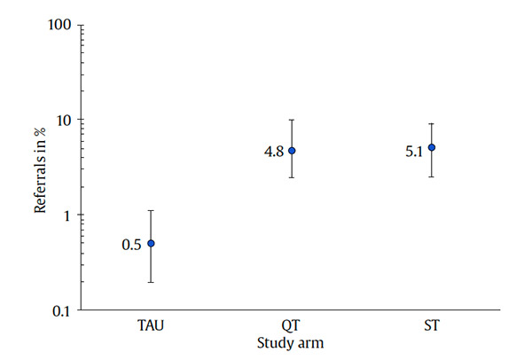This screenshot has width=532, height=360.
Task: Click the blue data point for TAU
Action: [x=151, y=243]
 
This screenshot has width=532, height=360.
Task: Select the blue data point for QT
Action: [x=291, y=151]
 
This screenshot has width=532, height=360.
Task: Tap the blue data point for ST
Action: [x=432, y=147]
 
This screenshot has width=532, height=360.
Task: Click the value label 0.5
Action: [x=131, y=245]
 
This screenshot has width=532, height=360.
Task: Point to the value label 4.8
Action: [x=273, y=153]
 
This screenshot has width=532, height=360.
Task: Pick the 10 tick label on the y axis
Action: [x=63, y=120]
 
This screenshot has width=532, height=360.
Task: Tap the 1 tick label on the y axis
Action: [x=67, y=215]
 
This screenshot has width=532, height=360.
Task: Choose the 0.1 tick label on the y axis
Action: [x=61, y=310]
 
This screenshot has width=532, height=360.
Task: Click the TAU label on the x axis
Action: [x=151, y=326]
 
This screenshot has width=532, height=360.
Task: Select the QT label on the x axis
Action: [x=291, y=326]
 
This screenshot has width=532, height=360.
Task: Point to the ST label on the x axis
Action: [x=432, y=326]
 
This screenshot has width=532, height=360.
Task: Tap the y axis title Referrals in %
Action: [x=40, y=168]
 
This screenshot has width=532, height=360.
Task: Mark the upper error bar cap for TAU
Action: [x=151, y=210]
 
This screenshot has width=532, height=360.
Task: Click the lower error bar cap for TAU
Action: [x=151, y=282]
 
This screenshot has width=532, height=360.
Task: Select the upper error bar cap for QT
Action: [x=291, y=120]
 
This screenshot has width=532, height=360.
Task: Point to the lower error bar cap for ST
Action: [x=432, y=176]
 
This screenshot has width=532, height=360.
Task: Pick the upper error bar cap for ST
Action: [x=432, y=124]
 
